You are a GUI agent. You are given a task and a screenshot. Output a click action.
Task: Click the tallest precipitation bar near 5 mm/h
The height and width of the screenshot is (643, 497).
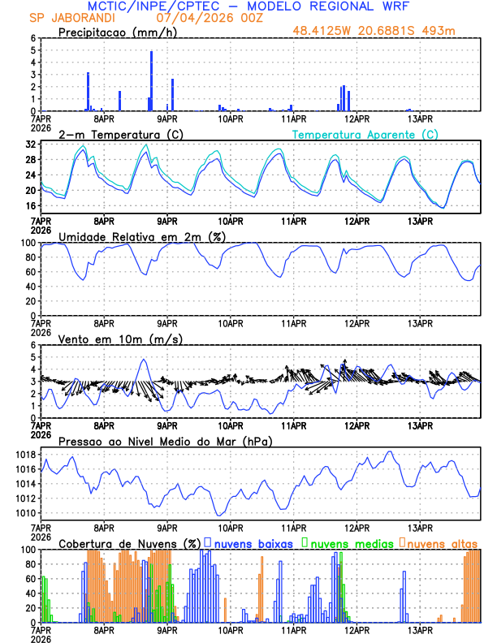pos(152,80)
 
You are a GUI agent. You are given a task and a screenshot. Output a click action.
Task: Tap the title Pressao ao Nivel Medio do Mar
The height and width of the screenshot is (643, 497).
pos(165,441)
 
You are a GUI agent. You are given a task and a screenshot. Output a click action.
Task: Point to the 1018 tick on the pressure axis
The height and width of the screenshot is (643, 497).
pos(27,454)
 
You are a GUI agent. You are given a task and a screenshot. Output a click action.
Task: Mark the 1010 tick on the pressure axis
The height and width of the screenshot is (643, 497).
pos(27,513)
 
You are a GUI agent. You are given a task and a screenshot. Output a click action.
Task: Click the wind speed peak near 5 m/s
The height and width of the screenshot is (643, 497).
pos(144,360)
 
